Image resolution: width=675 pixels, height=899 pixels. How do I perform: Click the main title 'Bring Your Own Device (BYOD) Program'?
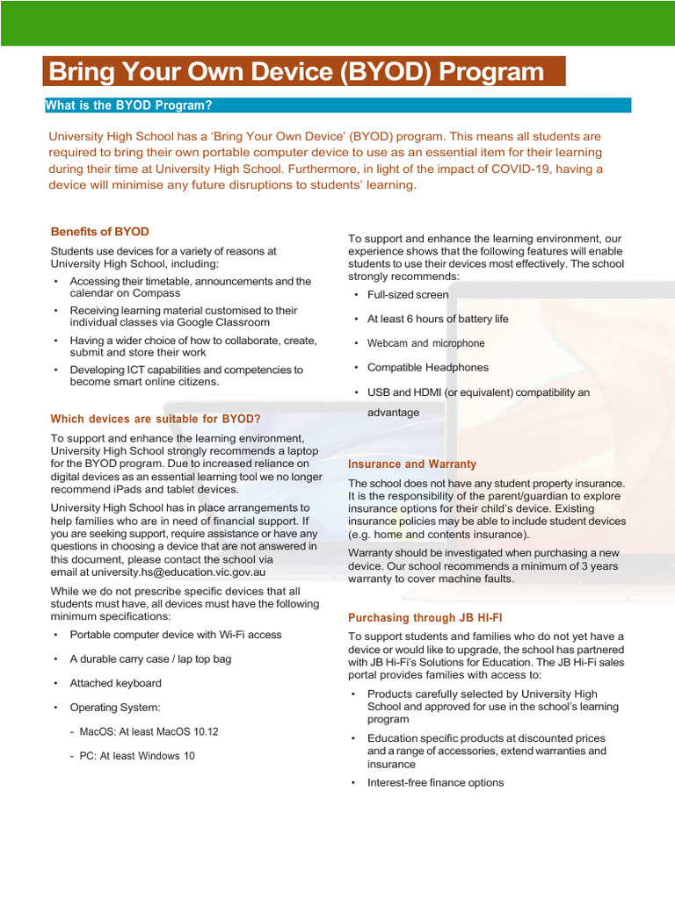pos(296,71)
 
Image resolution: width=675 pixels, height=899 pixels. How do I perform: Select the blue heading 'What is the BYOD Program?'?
pos(129,105)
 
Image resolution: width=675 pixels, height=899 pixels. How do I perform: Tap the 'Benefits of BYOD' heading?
pos(100,232)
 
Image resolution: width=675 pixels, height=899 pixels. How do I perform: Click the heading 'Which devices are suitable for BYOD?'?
pos(156,419)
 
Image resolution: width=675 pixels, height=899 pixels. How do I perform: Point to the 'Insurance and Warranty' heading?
pos(412,464)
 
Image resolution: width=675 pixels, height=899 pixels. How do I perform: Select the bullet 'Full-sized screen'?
pos(408,295)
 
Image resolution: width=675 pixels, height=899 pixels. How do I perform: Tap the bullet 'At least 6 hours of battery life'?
pos(438,319)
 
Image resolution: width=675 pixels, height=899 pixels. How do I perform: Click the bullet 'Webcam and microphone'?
pos(425,343)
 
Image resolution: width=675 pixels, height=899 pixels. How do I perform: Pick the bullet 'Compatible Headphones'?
pos(428,367)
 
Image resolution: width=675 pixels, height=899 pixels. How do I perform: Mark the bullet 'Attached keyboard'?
pos(115,683)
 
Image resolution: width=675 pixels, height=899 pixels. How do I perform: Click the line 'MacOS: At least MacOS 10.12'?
pos(149,731)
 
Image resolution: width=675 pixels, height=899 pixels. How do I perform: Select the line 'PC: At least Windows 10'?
pos(137,756)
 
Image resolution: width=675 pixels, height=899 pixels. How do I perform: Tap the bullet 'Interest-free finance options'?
pos(435,782)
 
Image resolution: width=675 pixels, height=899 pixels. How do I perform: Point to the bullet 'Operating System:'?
pos(115,707)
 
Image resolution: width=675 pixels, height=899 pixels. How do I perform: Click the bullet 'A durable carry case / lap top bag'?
pos(150,658)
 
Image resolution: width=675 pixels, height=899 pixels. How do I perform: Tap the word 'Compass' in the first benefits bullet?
pos(137,293)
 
